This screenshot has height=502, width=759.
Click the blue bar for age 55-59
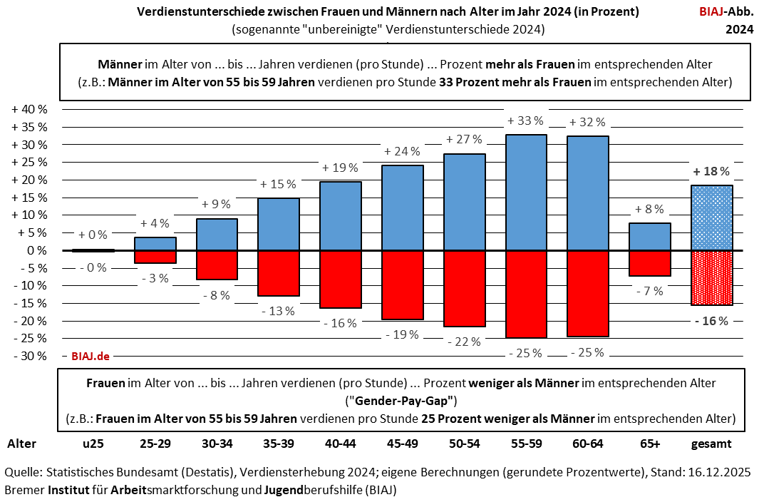tap(526, 193)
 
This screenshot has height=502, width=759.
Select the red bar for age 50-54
tap(465, 288)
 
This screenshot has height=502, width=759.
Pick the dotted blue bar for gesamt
tap(711, 218)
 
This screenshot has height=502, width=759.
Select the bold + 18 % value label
tap(711, 171)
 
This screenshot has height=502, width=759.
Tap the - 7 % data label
tap(649, 291)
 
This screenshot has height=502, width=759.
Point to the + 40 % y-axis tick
tap(29, 110)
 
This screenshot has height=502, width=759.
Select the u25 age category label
tap(93, 444)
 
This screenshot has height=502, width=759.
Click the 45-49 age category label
tap(402, 444)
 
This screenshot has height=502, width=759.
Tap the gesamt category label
tap(711, 444)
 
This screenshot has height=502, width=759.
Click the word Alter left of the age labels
tap(21, 444)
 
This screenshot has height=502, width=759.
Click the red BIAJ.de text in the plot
tap(90, 355)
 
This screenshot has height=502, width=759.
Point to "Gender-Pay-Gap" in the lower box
tap(401, 400)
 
